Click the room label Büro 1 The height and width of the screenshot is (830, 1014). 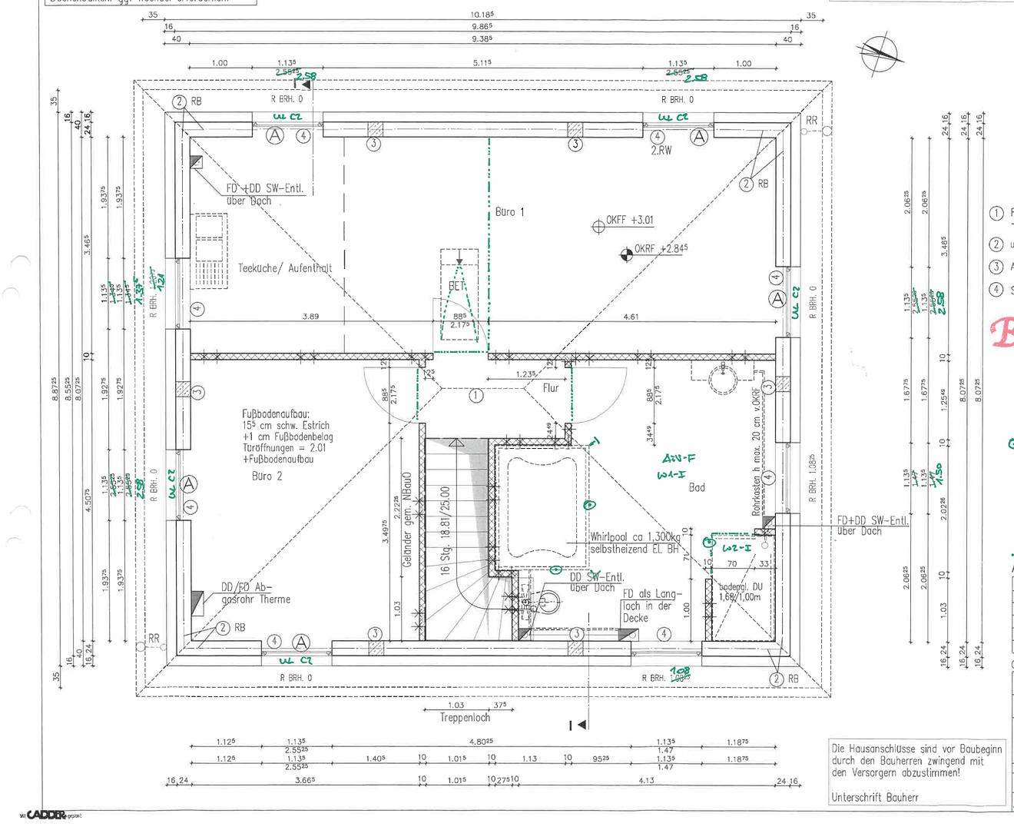[509, 212]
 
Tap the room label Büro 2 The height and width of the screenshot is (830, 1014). [267, 476]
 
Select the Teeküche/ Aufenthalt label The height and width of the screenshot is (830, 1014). [285, 268]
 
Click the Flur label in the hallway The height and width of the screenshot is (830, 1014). [551, 388]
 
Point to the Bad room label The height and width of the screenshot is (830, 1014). [697, 487]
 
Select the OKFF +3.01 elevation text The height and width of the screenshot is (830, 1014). [629, 221]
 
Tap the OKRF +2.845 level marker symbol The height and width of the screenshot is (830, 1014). [627, 254]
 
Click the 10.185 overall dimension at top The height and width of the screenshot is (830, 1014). [482, 15]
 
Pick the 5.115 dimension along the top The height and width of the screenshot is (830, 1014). [482, 63]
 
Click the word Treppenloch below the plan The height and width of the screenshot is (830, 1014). [465, 718]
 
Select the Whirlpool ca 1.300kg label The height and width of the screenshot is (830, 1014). [635, 537]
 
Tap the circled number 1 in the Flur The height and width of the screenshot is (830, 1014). [476, 396]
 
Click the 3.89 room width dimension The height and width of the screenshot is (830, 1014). [310, 317]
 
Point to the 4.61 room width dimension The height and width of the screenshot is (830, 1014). [631, 317]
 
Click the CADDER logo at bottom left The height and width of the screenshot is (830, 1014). [46, 815]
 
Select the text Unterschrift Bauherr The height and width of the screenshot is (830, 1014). [875, 798]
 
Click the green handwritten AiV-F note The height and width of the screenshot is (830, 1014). [678, 459]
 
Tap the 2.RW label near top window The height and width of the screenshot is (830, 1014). [661, 151]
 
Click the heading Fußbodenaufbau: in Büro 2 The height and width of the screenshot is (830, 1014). [276, 413]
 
